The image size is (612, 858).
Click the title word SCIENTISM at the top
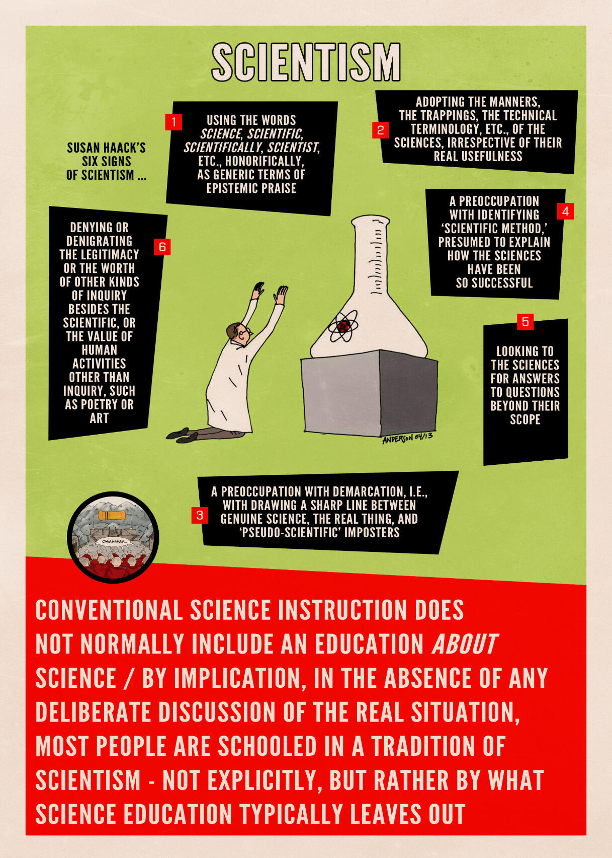[x=306, y=61]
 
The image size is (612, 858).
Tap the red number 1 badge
[x=173, y=122]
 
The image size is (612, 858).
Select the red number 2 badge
[x=381, y=130]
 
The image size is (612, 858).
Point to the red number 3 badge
[x=200, y=515]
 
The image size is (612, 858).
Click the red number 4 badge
[x=565, y=211]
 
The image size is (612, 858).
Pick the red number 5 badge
[x=525, y=322]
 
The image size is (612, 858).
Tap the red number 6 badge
[x=162, y=247]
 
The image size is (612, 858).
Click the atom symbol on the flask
[x=343, y=326]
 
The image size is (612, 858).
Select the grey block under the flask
[x=370, y=393]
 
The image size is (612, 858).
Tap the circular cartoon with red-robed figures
[x=113, y=537]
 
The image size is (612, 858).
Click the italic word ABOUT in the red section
[x=464, y=644]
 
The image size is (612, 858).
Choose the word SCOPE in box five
[x=525, y=419]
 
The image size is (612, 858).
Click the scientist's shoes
[x=184, y=435]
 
